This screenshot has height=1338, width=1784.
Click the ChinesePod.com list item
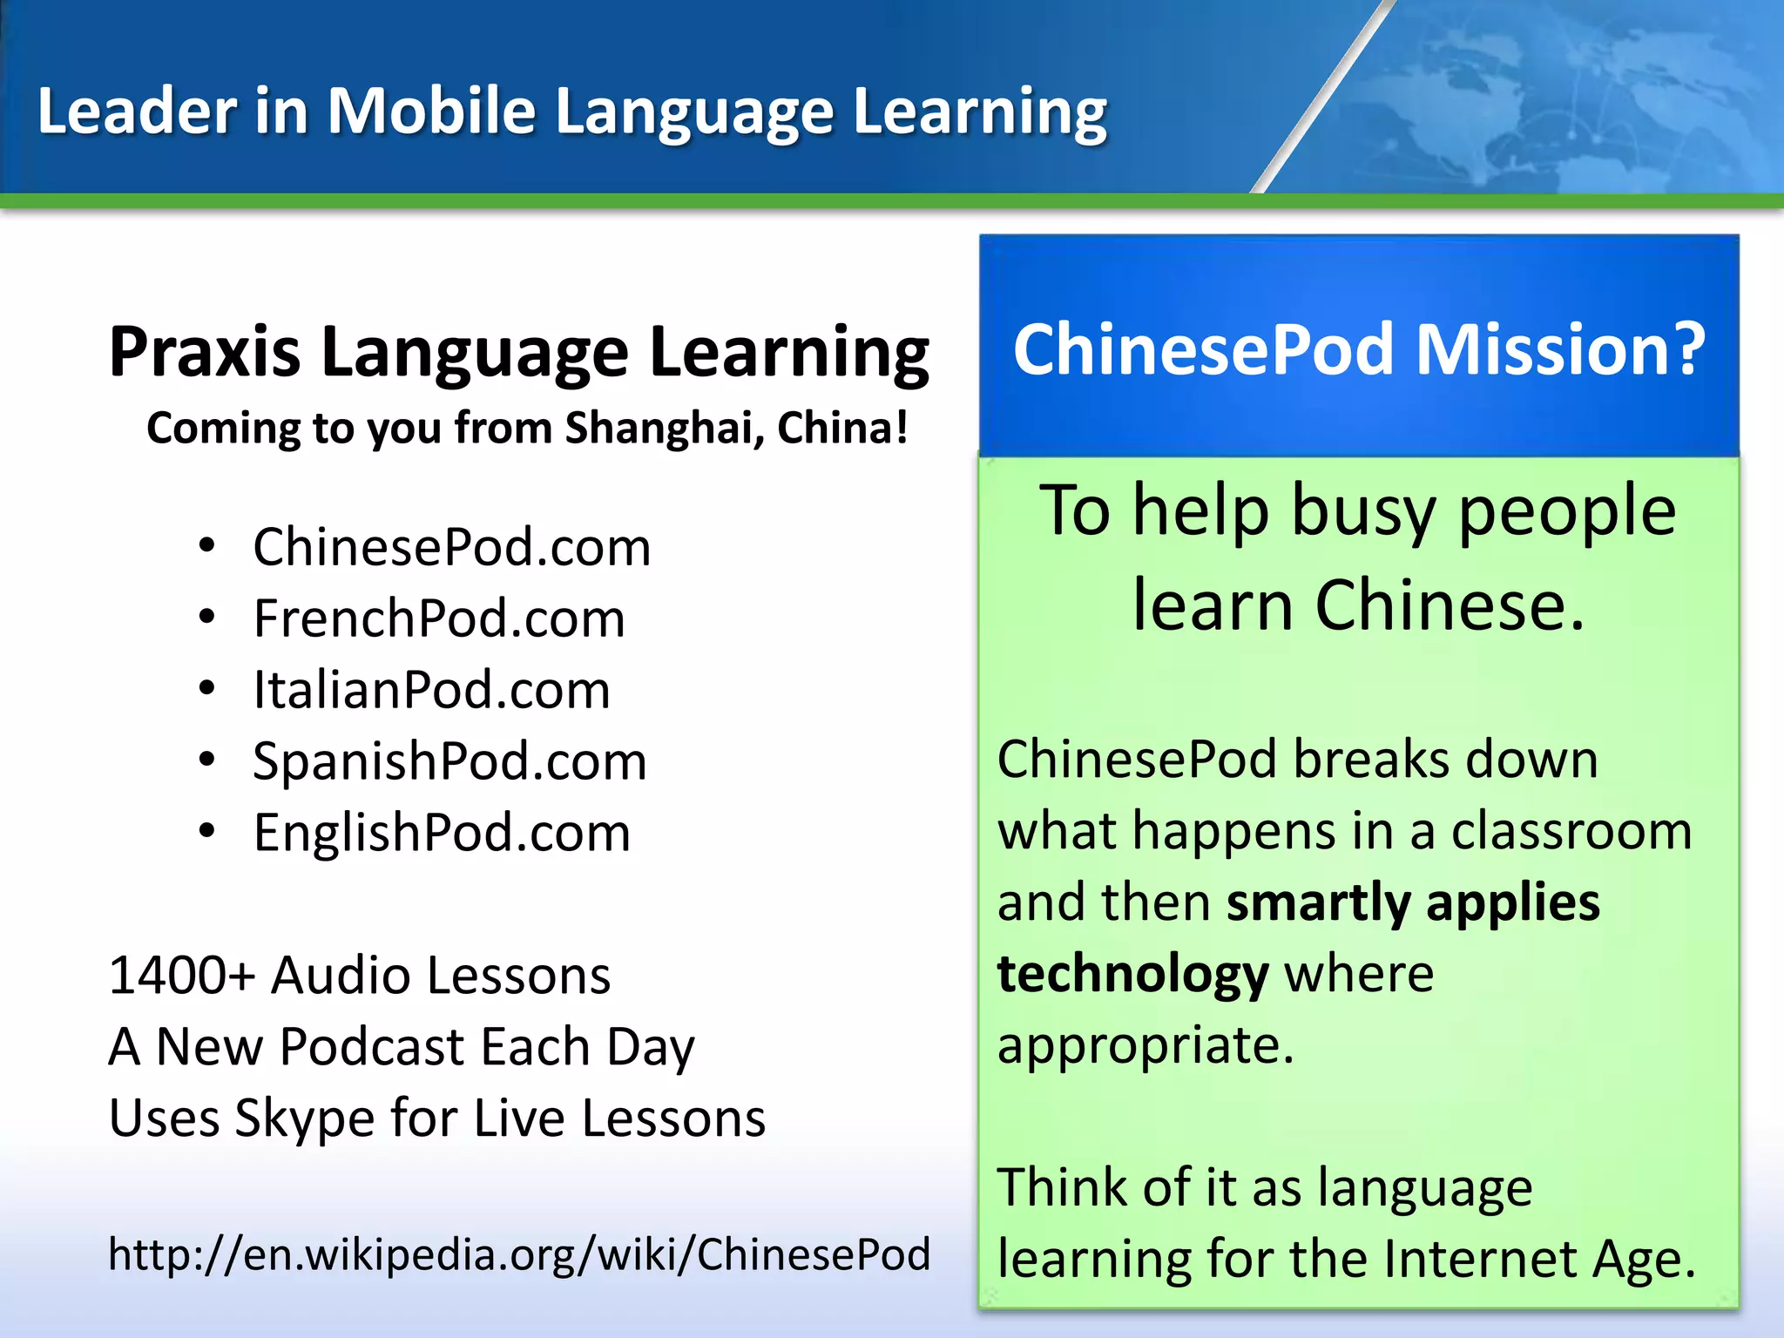pyautogui.click(x=451, y=548)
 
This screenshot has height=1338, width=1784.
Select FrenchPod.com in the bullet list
pyautogui.click(x=439, y=619)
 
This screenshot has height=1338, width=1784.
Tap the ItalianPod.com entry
pyautogui.click(x=431, y=691)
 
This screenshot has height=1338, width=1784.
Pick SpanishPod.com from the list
pyautogui.click(x=449, y=762)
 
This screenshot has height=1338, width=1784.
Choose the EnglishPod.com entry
pyautogui.click(x=442, y=834)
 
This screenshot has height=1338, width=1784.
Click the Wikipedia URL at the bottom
pyautogui.click(x=519, y=1255)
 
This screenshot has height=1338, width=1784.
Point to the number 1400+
pyautogui.click(x=180, y=975)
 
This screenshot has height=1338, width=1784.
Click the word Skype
pyautogui.click(x=304, y=1119)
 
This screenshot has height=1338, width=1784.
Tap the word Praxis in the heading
pyautogui.click(x=205, y=353)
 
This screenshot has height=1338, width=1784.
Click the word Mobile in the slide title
pyautogui.click(x=431, y=111)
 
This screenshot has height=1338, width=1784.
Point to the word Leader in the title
pyautogui.click(x=136, y=111)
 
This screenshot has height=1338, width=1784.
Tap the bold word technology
pyautogui.click(x=1132, y=975)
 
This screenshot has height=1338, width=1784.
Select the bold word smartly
pyautogui.click(x=1318, y=902)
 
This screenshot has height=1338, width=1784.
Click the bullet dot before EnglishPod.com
pyautogui.click(x=206, y=832)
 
